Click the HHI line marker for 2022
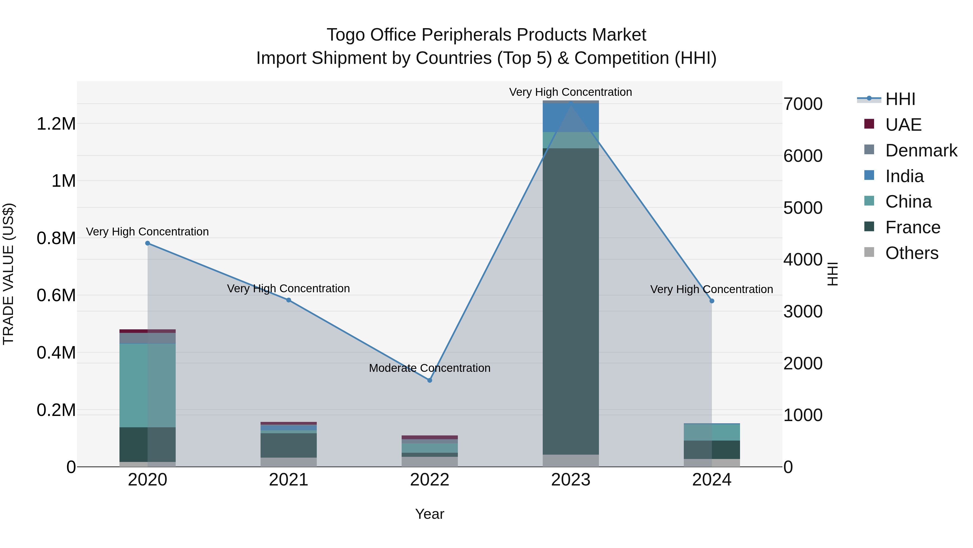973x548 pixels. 429,380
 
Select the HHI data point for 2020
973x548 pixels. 148,243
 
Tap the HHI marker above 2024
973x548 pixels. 712,301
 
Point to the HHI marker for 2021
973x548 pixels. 289,300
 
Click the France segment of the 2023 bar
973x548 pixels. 571,303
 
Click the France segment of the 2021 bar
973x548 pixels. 289,445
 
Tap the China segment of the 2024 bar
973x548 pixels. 712,432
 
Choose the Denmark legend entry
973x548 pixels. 921,150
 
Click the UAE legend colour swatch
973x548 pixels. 869,124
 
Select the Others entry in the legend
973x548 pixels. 911,253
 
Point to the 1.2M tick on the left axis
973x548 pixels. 56,124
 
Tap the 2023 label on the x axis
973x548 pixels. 571,480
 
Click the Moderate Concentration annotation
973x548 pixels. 429,368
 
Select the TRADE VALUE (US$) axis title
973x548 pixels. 8,274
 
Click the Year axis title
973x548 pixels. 429,514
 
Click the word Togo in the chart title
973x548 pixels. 346,35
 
